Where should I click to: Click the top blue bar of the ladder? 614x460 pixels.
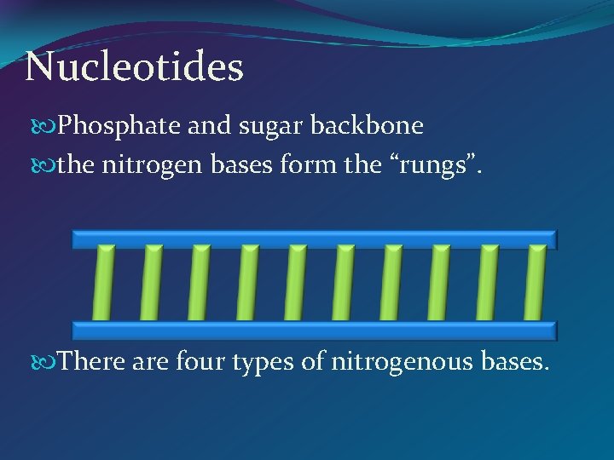(x=314, y=239)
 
